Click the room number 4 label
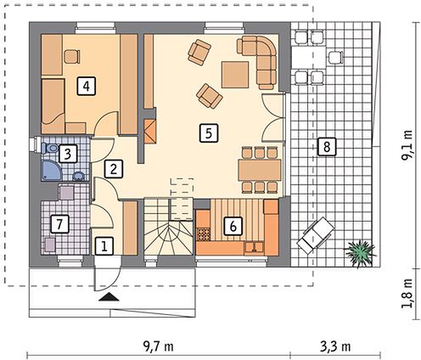pos(87,87)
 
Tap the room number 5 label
pos(209,132)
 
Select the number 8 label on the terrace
pos(327,147)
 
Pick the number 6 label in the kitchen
pos(233,226)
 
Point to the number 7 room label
pos(59,224)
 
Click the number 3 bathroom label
pos(68,154)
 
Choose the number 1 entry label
pos(104,246)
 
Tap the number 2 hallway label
pos(114,169)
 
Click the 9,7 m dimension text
pos(159,346)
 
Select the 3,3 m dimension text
pos(335,346)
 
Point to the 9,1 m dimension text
pos(407,145)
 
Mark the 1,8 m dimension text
pos(407,294)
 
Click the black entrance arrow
pos(109,296)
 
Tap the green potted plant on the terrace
pos(359,253)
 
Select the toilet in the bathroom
pos(50,148)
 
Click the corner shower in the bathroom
pos(51,171)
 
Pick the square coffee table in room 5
pos(235,75)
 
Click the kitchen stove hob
pos(203,234)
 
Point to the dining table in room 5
pos(260,170)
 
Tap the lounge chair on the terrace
pos(316,234)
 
